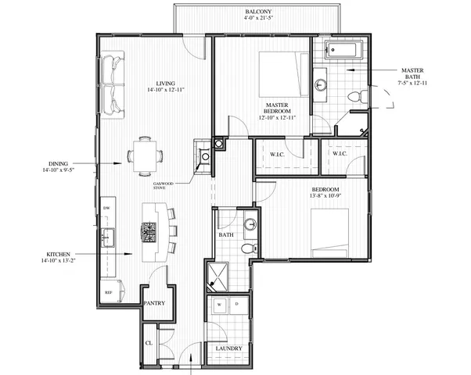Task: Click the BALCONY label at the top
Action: click(x=258, y=12)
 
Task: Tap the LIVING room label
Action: click(x=164, y=84)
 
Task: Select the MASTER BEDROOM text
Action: click(x=278, y=109)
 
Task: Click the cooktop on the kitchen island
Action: click(x=149, y=230)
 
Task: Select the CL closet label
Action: click(x=149, y=341)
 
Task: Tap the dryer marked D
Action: click(x=236, y=304)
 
